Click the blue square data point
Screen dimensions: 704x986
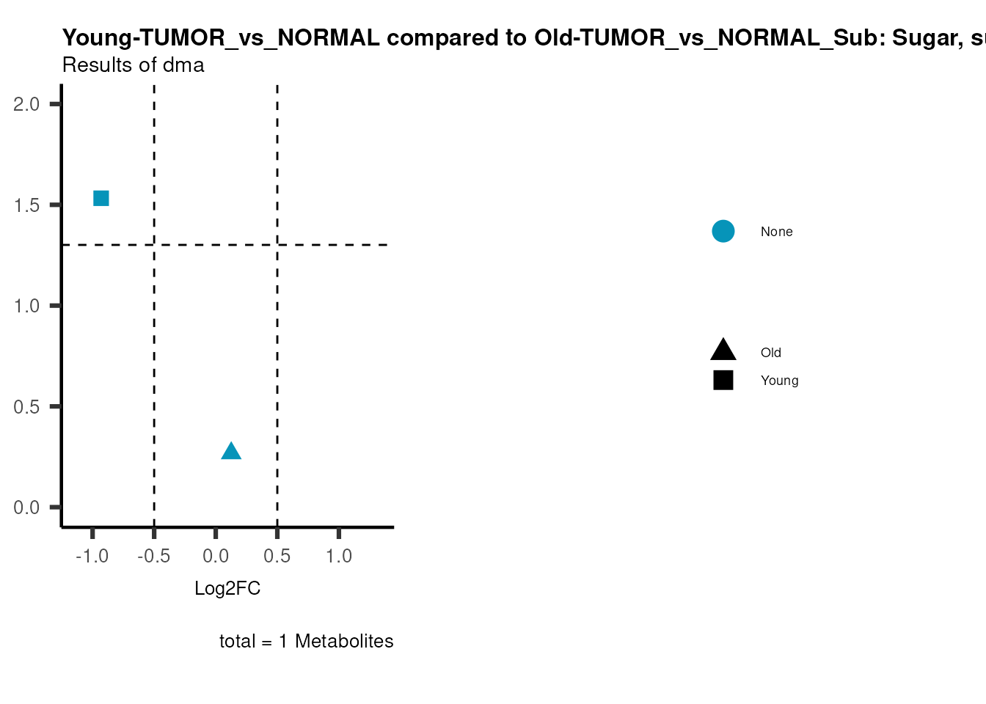point(101,198)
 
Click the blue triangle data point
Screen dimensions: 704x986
point(231,452)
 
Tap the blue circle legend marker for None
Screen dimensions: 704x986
point(723,232)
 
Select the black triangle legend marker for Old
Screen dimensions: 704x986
point(723,351)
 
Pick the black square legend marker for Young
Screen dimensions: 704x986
point(723,380)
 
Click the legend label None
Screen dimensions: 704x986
point(776,232)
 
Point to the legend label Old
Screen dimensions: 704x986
point(770,353)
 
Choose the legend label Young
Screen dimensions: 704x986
point(779,381)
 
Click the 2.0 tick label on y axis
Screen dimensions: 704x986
point(26,104)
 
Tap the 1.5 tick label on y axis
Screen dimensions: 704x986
point(26,205)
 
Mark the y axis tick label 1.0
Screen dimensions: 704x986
point(26,306)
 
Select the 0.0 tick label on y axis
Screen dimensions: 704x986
point(26,507)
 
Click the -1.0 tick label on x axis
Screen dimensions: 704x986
point(92,557)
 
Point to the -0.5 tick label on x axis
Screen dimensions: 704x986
point(153,557)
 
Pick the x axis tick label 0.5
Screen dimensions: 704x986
point(277,557)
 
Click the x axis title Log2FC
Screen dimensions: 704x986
point(227,589)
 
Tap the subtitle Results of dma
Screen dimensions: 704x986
point(133,65)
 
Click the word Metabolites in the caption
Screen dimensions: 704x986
point(343,642)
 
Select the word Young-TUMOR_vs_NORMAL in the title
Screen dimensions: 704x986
point(221,38)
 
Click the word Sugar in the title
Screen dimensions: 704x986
point(923,38)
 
